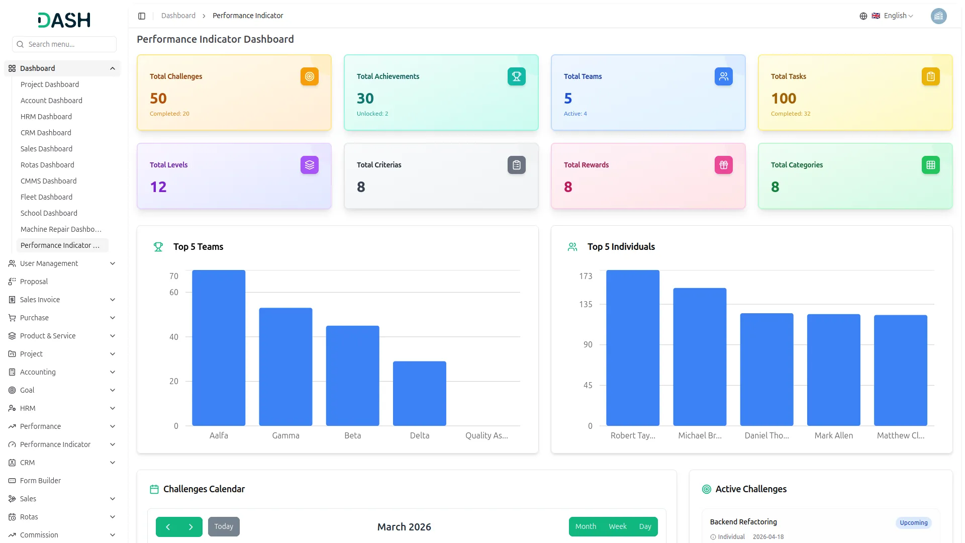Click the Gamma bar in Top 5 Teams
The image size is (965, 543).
pyautogui.click(x=285, y=367)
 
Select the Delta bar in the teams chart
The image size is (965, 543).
pyautogui.click(x=419, y=393)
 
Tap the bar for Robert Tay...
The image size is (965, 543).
pyautogui.click(x=633, y=348)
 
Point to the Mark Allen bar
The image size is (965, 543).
pyautogui.click(x=833, y=370)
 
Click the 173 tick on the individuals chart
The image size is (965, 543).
pyautogui.click(x=586, y=276)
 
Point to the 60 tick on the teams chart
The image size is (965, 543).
pyautogui.click(x=174, y=292)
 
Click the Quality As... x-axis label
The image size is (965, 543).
pyautogui.click(x=487, y=435)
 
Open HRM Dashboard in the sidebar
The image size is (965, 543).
pyautogui.click(x=46, y=117)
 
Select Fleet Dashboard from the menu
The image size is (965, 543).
pyautogui.click(x=46, y=197)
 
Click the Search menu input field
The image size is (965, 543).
pyautogui.click(x=64, y=44)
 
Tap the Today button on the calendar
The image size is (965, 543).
pyautogui.click(x=224, y=526)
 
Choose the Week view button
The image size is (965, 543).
pyautogui.click(x=618, y=526)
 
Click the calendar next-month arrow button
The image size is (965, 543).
pyautogui.click(x=191, y=526)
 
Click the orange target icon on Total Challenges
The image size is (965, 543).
pyautogui.click(x=310, y=76)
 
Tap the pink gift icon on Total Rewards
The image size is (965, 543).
pyautogui.click(x=724, y=165)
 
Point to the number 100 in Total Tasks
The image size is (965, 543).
pyautogui.click(x=784, y=99)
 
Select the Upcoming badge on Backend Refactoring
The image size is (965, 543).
pyautogui.click(x=914, y=523)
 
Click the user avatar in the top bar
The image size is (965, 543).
pyautogui.click(x=938, y=16)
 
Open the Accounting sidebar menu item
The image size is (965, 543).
pyautogui.click(x=38, y=372)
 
